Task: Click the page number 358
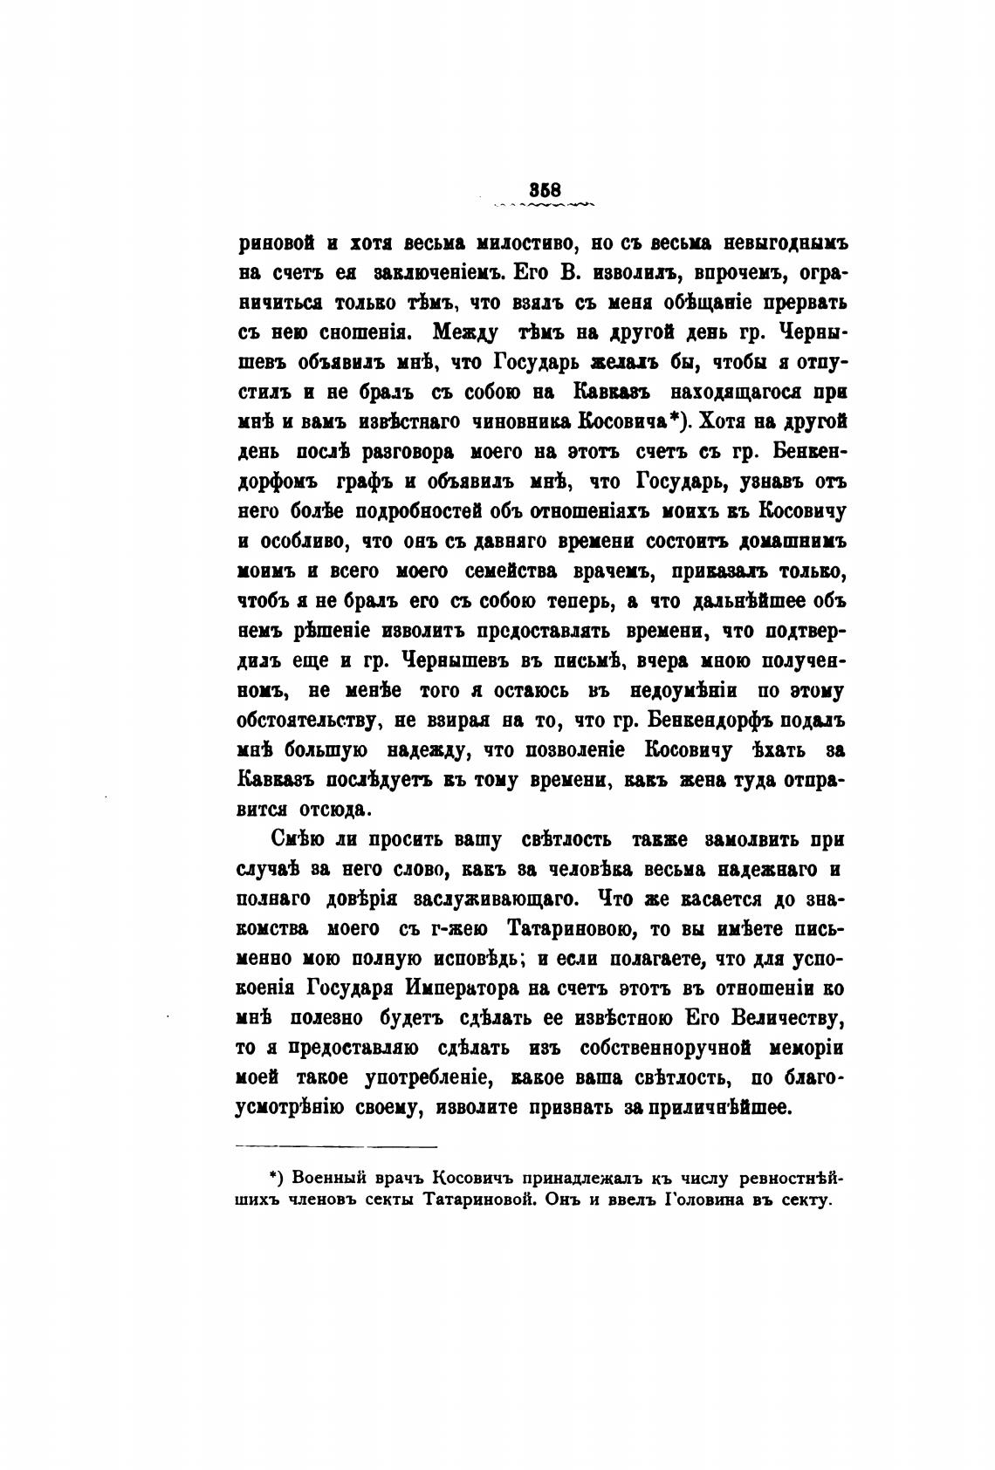click(x=542, y=189)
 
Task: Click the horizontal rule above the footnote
click(x=337, y=1146)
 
